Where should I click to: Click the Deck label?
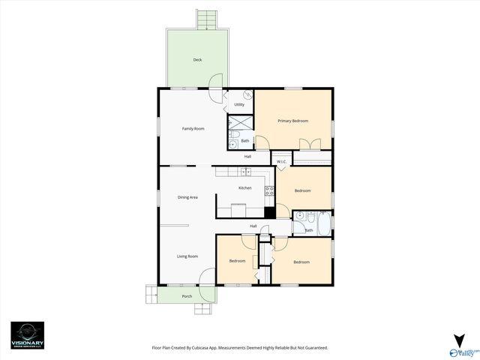click(x=197, y=59)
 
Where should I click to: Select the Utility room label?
click(x=238, y=104)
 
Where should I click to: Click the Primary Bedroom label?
click(x=292, y=121)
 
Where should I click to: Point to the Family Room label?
click(x=193, y=128)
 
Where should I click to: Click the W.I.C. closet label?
click(x=281, y=162)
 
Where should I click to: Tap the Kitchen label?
click(x=244, y=187)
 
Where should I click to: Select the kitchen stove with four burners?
click(x=268, y=190)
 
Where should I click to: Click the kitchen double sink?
click(x=243, y=172)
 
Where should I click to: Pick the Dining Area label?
click(x=187, y=197)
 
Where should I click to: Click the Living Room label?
click(x=187, y=256)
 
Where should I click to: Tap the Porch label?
click(x=187, y=296)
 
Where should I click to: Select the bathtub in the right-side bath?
click(x=323, y=223)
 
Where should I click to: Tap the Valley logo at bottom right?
click(x=462, y=346)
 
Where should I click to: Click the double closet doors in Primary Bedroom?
click(x=309, y=145)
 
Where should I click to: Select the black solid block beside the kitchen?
click(x=270, y=211)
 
